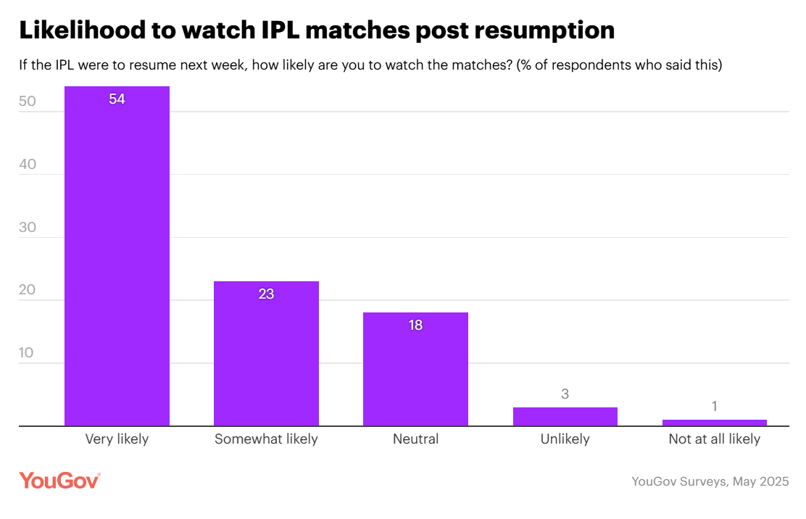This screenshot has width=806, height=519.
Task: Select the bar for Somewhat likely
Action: [266, 355]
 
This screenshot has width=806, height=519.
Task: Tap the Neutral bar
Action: [415, 370]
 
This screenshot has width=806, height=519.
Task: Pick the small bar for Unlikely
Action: [565, 417]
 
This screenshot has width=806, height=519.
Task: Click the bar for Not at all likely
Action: [714, 423]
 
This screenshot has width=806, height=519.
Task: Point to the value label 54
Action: [117, 99]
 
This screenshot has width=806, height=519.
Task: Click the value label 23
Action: [266, 294]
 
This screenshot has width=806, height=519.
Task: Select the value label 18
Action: [415, 325]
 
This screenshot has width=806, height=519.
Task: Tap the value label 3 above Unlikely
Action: [565, 394]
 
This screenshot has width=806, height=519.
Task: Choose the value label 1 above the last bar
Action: [714, 407]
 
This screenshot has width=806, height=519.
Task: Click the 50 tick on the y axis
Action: [28, 102]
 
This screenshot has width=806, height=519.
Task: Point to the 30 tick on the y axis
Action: [28, 228]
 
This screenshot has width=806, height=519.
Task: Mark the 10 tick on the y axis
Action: [28, 353]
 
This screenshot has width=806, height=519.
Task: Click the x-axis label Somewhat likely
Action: [266, 439]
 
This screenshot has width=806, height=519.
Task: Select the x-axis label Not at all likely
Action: [714, 439]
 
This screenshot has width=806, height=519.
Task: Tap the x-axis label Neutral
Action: [415, 439]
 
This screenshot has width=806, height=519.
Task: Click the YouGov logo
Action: [59, 481]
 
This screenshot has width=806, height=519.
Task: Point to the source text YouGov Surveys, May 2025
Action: [710, 481]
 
